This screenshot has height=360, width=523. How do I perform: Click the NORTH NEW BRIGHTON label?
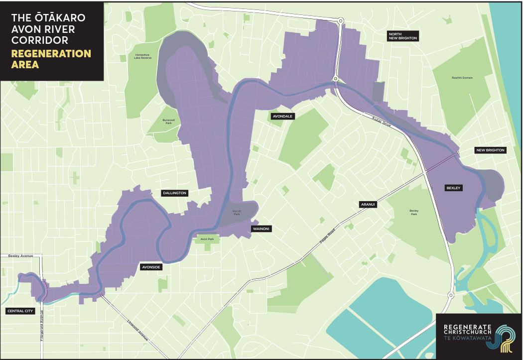point(403,36)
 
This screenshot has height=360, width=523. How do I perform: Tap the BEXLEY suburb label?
point(454,188)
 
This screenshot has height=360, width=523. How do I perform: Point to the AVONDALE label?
point(282,116)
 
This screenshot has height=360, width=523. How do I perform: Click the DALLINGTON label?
point(175,193)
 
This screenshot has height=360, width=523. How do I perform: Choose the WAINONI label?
point(261,229)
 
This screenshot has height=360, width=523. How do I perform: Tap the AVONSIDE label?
point(151,266)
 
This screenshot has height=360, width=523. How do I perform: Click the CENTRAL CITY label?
point(20,311)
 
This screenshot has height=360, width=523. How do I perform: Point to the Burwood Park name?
point(169,121)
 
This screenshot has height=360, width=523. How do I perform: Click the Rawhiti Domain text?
point(462,78)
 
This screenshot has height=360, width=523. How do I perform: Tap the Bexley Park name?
point(414,212)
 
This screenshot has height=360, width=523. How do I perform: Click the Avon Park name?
point(207,239)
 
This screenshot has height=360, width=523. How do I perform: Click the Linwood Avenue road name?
point(138,330)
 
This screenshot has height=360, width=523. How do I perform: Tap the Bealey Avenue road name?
point(20,255)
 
